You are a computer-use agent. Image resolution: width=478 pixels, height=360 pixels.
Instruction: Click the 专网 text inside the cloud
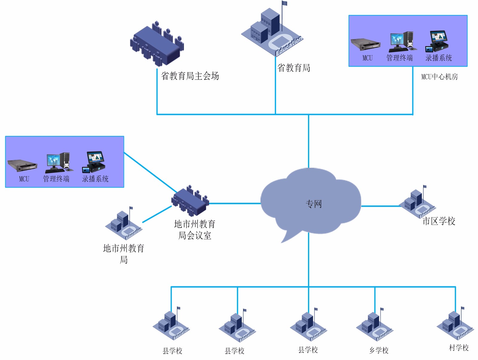(x=314, y=204)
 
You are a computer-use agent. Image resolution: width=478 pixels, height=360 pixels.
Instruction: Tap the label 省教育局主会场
(x=190, y=76)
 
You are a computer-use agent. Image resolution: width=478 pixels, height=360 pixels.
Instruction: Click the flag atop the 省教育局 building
(x=284, y=4)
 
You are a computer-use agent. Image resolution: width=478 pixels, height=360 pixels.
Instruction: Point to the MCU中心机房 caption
(x=439, y=77)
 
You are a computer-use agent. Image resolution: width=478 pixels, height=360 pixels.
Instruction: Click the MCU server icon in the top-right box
(x=365, y=45)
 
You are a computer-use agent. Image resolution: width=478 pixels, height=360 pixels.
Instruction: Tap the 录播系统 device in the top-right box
(x=437, y=41)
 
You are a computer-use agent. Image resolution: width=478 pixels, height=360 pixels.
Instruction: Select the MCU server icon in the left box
(x=22, y=165)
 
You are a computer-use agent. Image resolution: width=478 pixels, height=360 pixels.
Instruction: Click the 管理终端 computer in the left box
(x=59, y=163)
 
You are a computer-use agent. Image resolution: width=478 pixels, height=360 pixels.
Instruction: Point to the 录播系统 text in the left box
(x=95, y=179)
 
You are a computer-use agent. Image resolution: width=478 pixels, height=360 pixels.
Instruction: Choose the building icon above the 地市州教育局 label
(x=124, y=224)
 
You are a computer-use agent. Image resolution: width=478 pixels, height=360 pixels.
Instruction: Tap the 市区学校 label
(x=439, y=221)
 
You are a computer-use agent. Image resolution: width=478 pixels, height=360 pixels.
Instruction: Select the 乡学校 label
(x=379, y=350)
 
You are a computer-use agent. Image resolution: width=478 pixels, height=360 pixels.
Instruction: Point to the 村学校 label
(x=459, y=348)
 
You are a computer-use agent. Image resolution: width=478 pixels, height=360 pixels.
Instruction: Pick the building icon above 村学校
(x=455, y=324)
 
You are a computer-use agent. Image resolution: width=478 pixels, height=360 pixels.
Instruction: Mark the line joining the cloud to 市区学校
(x=380, y=206)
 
